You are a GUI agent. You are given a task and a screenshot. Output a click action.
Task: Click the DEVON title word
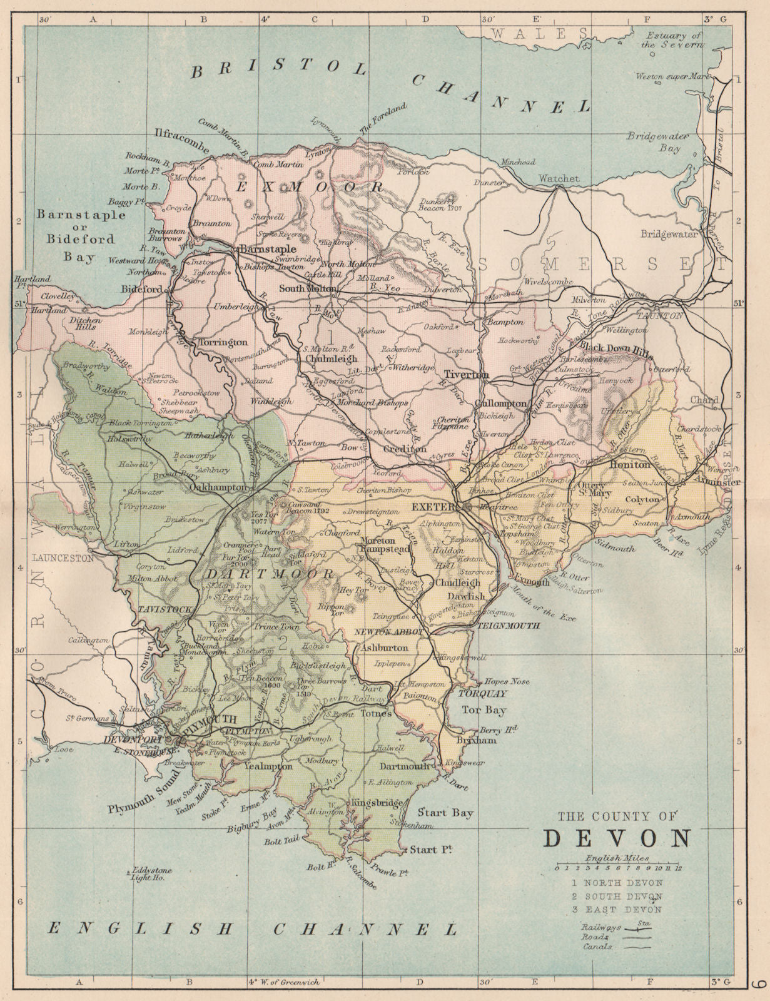coord(617,838)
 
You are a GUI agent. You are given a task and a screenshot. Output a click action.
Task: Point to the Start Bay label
coord(445,813)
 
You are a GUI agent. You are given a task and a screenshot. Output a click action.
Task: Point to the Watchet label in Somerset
coord(559,178)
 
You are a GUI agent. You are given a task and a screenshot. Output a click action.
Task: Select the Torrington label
coord(223,343)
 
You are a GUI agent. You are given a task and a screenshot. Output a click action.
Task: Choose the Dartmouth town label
coord(405,766)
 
